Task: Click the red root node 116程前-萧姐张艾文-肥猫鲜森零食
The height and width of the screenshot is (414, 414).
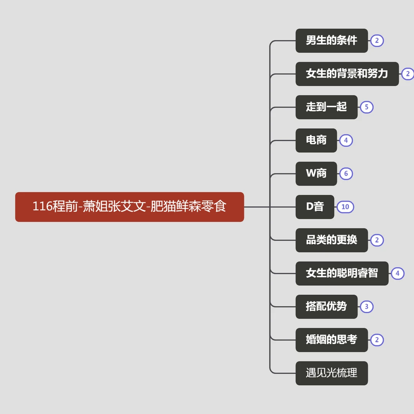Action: [x=130, y=207]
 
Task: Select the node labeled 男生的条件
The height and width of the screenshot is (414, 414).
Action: [x=332, y=41]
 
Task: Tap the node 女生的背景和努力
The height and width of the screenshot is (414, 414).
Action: [x=347, y=74]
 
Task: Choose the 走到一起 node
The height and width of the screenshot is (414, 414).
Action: [x=326, y=107]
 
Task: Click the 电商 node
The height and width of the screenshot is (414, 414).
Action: [x=316, y=140]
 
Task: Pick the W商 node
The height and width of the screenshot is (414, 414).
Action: [x=316, y=174]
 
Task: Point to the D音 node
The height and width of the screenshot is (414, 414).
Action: [x=315, y=207]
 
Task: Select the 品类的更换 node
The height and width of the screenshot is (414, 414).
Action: [x=332, y=240]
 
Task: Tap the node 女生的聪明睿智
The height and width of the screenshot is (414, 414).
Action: [x=342, y=273]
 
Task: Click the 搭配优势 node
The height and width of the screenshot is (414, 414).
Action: [x=326, y=307]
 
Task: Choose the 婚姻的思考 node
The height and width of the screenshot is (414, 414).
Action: [x=332, y=340]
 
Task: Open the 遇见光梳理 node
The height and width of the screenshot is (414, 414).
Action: [x=332, y=373]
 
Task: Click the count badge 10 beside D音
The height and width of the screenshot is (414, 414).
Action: [x=345, y=207]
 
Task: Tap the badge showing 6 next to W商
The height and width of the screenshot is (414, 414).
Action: [x=346, y=174]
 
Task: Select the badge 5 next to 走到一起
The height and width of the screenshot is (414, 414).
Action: [x=366, y=107]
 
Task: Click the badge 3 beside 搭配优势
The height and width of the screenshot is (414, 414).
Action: [x=366, y=307]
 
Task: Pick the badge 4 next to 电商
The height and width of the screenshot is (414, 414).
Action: [x=346, y=140]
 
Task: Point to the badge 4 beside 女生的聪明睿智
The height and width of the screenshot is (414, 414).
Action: [x=398, y=273]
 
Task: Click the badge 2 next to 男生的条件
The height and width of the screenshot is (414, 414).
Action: [x=377, y=41]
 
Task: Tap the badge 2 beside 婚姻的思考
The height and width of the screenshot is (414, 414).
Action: [x=377, y=340]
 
